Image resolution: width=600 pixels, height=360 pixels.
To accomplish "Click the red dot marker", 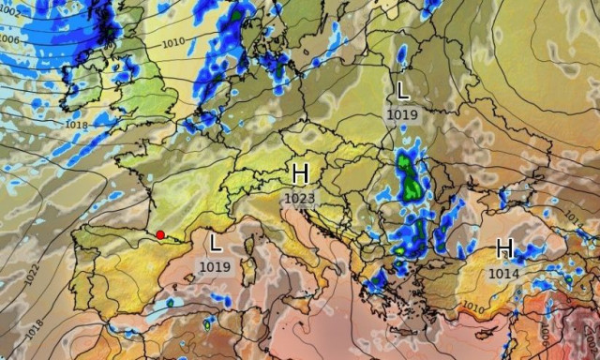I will [x=160, y=235].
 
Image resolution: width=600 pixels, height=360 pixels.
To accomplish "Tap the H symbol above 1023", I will [x=300, y=173].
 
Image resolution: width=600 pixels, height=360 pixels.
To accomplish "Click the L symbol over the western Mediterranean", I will [x=215, y=244].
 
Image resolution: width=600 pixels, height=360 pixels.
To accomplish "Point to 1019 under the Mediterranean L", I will [x=214, y=266].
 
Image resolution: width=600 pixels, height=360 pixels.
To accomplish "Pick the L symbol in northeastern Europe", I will [x=402, y=91].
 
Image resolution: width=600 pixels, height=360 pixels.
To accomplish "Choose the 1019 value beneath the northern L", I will [x=402, y=113].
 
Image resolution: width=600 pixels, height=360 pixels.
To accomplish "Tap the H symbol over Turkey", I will [x=504, y=248].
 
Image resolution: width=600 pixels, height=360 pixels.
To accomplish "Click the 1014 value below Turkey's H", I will [x=503, y=273].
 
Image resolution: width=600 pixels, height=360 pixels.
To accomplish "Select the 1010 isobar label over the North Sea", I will [x=173, y=42].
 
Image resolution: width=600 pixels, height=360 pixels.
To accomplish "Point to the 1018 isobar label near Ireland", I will [x=77, y=124].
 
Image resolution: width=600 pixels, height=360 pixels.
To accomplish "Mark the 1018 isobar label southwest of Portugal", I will [x=36, y=328].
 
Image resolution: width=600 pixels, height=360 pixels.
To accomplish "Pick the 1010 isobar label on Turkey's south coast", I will [x=474, y=307].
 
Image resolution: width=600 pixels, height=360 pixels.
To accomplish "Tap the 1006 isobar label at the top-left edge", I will [x=9, y=40].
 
